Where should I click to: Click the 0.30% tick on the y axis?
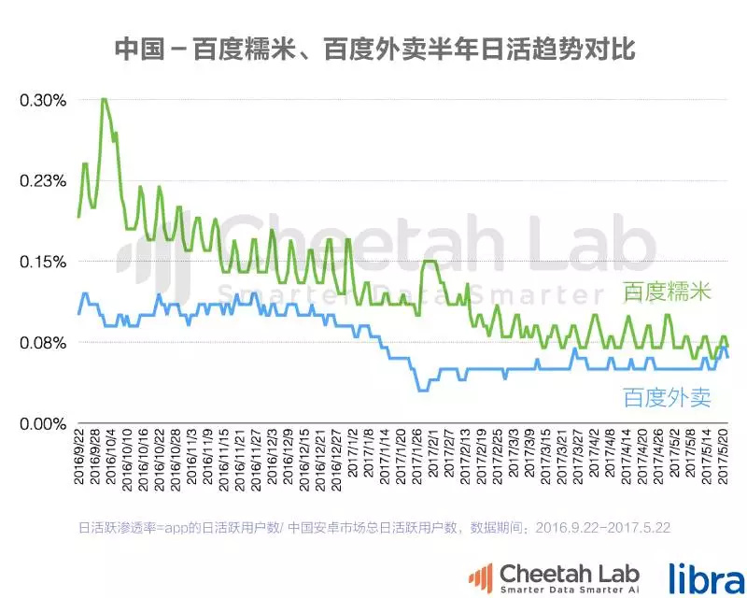(43, 99)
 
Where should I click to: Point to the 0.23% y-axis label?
(43, 180)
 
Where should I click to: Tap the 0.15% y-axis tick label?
(43, 262)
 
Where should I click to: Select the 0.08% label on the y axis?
(43, 342)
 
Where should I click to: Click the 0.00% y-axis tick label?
(43, 423)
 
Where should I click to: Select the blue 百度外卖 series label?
(667, 398)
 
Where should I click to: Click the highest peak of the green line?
(103, 99)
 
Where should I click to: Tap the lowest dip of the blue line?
(421, 390)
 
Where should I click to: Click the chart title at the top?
(373, 50)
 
